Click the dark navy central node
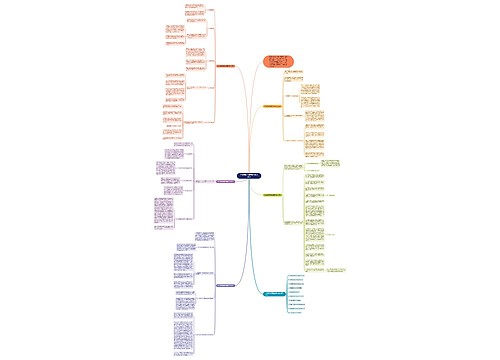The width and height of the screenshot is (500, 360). coord(250,175)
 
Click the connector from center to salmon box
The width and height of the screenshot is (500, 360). coord(262,120)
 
